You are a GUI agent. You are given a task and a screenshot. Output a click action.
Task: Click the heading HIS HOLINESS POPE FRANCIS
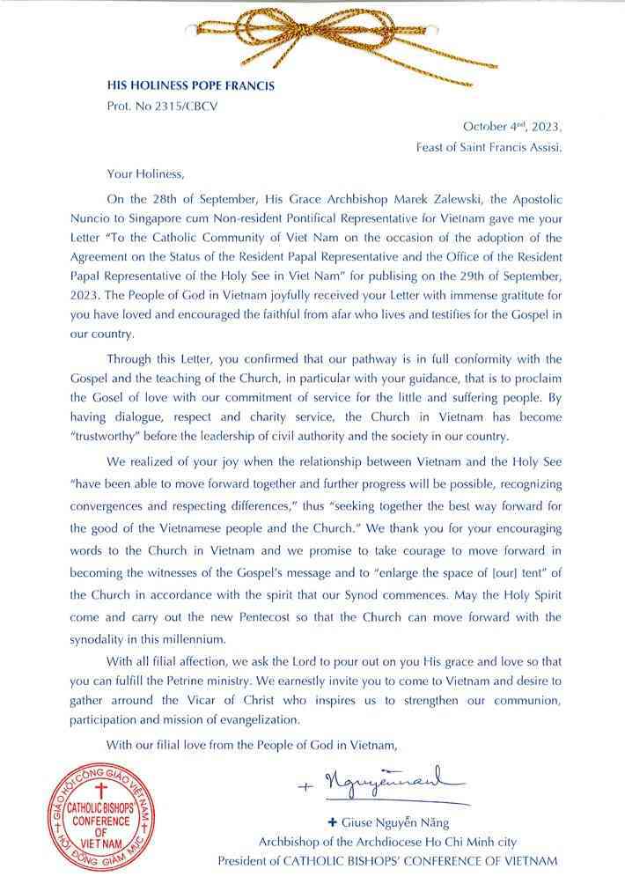coord(190,86)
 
